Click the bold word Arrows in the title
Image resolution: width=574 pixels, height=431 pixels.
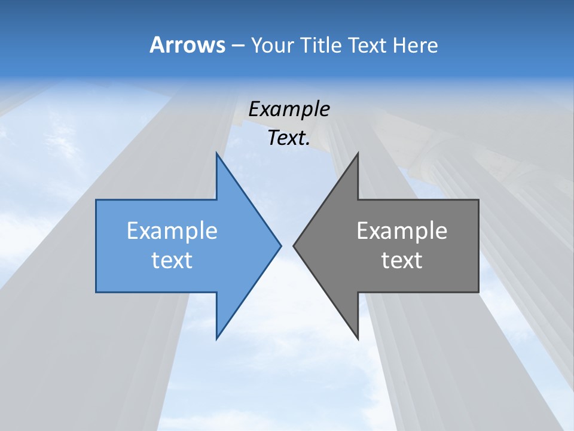click(x=187, y=45)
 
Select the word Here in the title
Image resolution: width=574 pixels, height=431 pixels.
click(x=416, y=45)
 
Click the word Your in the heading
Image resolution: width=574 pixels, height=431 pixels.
click(x=273, y=45)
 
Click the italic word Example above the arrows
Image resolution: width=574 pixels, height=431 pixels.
click(x=289, y=109)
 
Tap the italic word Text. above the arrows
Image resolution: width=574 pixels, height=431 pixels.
click(x=289, y=138)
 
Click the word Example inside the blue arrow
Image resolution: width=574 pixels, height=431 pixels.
click(x=172, y=230)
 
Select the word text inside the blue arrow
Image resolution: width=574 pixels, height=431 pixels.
click(x=172, y=260)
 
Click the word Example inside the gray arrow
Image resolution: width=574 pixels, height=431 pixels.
click(x=402, y=230)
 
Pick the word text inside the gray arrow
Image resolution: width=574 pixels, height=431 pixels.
click(x=402, y=260)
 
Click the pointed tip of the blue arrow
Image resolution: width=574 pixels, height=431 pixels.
click(x=281, y=245)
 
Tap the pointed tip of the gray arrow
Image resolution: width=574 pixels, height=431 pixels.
click(x=294, y=245)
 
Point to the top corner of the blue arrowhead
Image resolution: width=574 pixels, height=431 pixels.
click(x=216, y=153)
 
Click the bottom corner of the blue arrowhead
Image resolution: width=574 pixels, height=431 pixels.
click(x=216, y=339)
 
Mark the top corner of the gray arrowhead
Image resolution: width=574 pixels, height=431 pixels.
click(x=358, y=153)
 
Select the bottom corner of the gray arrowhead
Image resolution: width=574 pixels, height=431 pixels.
click(x=358, y=339)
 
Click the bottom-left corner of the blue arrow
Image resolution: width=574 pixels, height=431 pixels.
click(x=96, y=292)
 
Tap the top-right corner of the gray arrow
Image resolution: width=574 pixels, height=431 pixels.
click(x=478, y=200)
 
